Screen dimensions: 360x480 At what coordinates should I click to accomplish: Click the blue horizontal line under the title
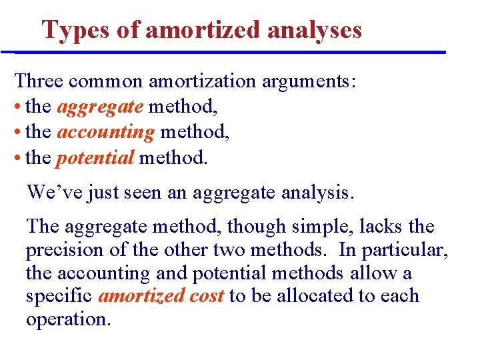tap(230, 52)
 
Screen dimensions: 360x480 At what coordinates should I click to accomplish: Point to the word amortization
tap(202, 81)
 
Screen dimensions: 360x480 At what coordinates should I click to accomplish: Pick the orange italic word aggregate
tap(99, 107)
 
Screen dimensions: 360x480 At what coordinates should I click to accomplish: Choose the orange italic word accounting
tap(105, 133)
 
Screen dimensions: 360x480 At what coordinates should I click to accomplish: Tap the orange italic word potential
tap(95, 158)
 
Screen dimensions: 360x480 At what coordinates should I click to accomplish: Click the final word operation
tap(68, 319)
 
